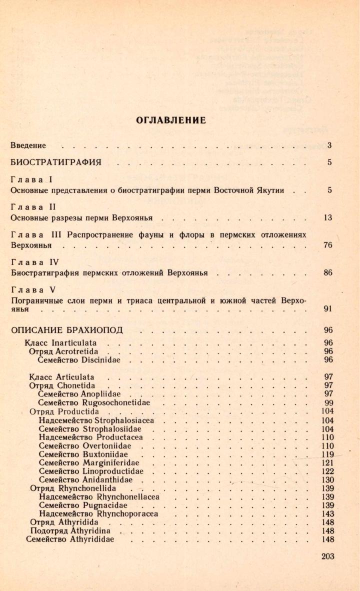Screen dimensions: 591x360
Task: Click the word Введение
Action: (28, 145)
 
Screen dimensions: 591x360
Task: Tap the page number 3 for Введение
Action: (329, 145)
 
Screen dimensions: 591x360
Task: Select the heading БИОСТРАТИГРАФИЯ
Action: (56, 162)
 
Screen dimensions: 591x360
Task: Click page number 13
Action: (328, 218)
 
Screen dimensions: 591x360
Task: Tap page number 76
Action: (328, 245)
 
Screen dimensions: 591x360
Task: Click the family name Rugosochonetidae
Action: (116, 402)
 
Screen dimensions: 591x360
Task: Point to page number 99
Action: (328, 402)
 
